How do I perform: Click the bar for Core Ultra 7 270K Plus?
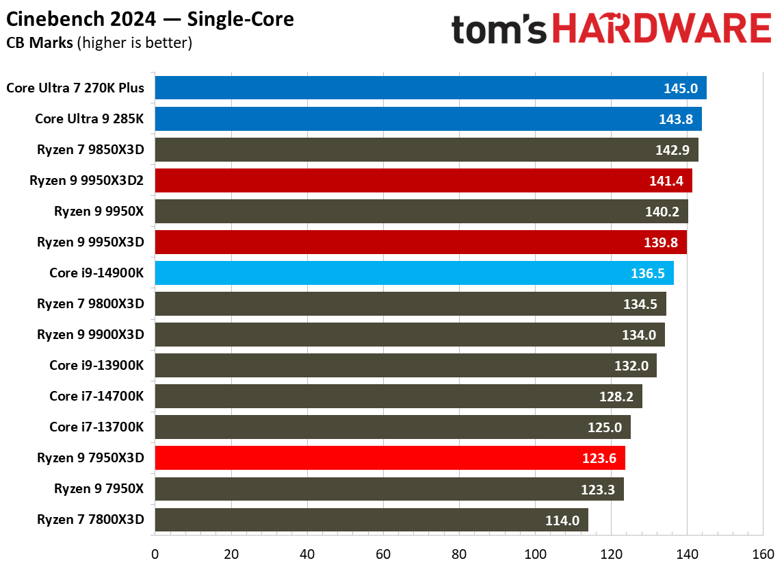[x=430, y=88]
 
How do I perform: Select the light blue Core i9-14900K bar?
[x=414, y=273]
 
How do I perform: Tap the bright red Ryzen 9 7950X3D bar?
[x=390, y=457]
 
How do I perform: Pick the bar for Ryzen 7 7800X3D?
[x=371, y=520]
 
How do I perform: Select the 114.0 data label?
[x=562, y=520]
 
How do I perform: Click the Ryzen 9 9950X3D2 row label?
[x=87, y=181]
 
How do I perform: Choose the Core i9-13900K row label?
[x=96, y=365]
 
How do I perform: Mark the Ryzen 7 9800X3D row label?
[x=90, y=303]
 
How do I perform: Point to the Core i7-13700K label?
[x=96, y=427]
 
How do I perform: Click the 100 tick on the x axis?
[x=535, y=553]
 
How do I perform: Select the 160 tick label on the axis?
[x=763, y=553]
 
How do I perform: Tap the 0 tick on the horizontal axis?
[x=155, y=553]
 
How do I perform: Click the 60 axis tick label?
[x=383, y=553]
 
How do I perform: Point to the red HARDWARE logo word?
[x=661, y=29]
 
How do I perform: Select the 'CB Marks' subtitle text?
[x=40, y=43]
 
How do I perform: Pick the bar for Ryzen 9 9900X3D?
[x=410, y=334]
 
